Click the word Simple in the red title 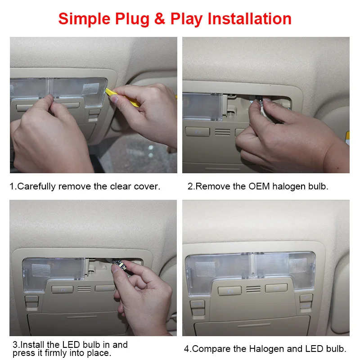(x=84, y=19)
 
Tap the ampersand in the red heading (x=160, y=18)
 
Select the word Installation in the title (x=250, y=18)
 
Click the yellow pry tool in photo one (x=123, y=98)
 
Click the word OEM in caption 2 (x=259, y=186)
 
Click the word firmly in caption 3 (x=56, y=353)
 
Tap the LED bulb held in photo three (x=120, y=264)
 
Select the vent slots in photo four (x=253, y=289)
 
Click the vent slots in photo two (x=222, y=132)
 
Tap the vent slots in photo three (x=84, y=288)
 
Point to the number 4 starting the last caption (x=187, y=349)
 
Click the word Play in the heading (x=186, y=19)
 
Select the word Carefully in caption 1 (x=36, y=186)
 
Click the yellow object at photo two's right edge (x=347, y=137)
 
